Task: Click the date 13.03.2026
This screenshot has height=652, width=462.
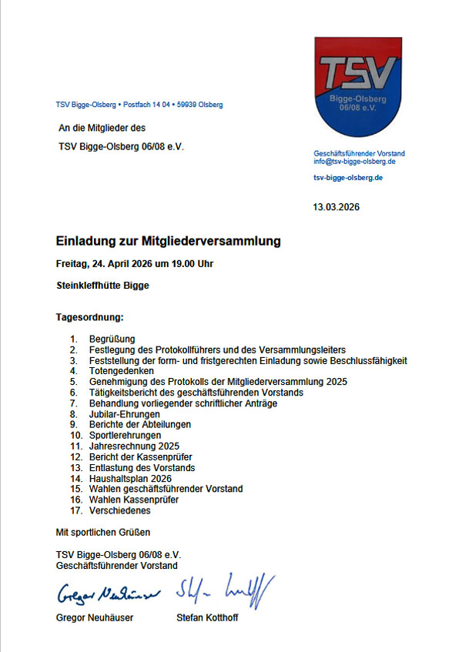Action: pyautogui.click(x=336, y=207)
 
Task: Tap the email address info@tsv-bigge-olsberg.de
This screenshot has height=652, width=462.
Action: pyautogui.click(x=354, y=162)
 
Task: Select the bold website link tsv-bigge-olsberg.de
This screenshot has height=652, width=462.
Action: pyautogui.click(x=348, y=178)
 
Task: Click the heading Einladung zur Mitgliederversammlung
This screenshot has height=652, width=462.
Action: pyautogui.click(x=169, y=242)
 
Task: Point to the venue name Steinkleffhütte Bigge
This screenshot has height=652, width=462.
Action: pyautogui.click(x=102, y=286)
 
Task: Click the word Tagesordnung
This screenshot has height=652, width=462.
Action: pyautogui.click(x=90, y=317)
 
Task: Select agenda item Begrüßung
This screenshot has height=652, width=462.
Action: pyautogui.click(x=112, y=339)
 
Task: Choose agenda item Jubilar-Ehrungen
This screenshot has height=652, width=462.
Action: pyautogui.click(x=125, y=414)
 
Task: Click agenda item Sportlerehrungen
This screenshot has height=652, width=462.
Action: pyautogui.click(x=126, y=435)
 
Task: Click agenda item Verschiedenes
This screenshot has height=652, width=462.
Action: pyautogui.click(x=120, y=510)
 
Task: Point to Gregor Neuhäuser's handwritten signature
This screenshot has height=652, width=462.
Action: pyautogui.click(x=106, y=595)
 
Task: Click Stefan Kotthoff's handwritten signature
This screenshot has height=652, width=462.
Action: pyautogui.click(x=224, y=591)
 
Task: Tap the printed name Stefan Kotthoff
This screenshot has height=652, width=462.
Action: pyautogui.click(x=206, y=618)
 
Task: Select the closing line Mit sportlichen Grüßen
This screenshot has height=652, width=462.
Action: pyautogui.click(x=103, y=532)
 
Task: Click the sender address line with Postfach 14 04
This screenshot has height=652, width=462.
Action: pyautogui.click(x=139, y=105)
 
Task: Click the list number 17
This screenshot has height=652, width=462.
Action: pyautogui.click(x=75, y=510)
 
